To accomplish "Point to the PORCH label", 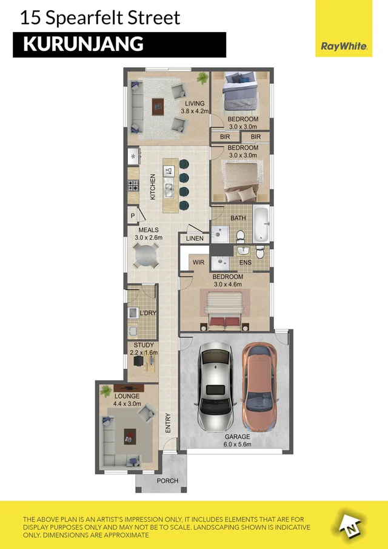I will click(167, 480).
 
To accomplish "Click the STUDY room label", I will click(144, 345).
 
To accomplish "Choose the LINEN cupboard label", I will click(195, 238).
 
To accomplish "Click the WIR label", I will click(198, 262).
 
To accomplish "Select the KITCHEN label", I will click(153, 187).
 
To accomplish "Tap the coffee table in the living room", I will click(158, 107).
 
